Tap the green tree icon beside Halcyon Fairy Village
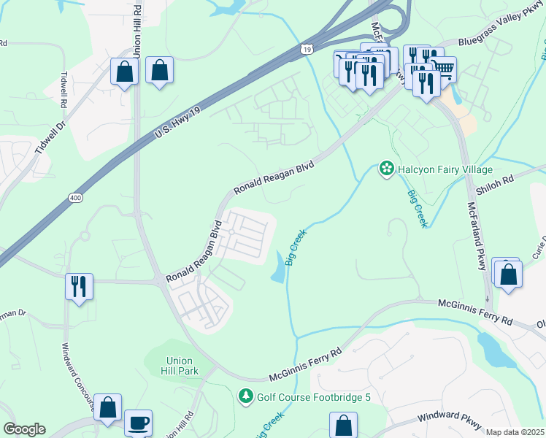(386, 169)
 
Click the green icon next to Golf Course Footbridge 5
(246, 396)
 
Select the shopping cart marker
(443, 69)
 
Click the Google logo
(24, 429)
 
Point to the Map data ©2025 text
(515, 432)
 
